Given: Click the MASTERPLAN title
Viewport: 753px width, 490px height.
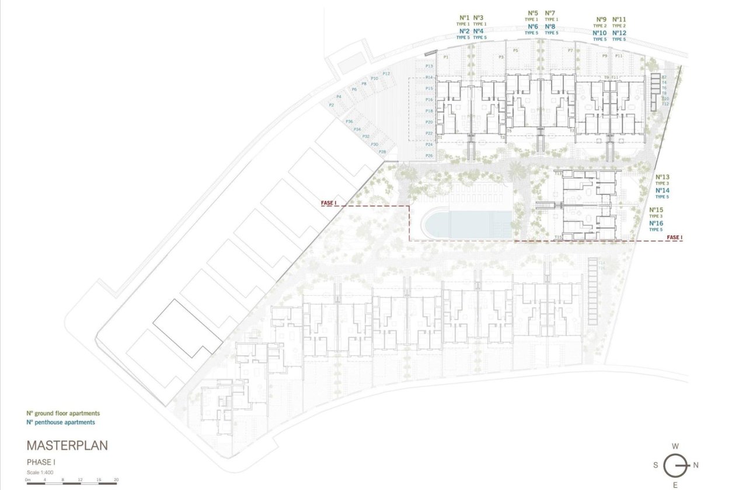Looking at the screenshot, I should coord(67,446).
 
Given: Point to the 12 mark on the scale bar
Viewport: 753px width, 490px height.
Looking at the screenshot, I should coord(80,479).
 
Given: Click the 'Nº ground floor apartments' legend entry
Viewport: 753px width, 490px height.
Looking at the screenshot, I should coord(63,413).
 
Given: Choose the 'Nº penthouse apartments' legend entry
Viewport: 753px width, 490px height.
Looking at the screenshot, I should coord(60,422).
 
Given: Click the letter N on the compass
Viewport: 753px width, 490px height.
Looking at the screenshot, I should coord(696,465).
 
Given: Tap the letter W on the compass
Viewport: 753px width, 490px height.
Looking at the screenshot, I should coord(675,446).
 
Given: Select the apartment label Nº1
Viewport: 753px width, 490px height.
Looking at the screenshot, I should coord(464,17).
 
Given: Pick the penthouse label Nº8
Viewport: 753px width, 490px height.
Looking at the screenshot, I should coord(550,27).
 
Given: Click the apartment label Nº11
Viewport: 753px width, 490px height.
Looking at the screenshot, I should coord(619,19).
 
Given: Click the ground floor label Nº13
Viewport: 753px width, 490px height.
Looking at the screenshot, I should coord(663,177).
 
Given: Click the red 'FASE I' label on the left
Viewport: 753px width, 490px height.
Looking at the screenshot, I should coord(329,203).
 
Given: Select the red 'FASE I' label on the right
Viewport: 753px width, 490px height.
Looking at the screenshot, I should coord(674,237).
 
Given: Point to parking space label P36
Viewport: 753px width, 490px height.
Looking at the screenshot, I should coord(349,121).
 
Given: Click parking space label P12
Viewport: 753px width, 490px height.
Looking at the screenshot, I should coord(386,73).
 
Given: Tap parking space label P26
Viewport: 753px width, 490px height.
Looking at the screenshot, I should coord(429,156).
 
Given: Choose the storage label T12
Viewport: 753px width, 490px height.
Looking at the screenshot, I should coord(665,104).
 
